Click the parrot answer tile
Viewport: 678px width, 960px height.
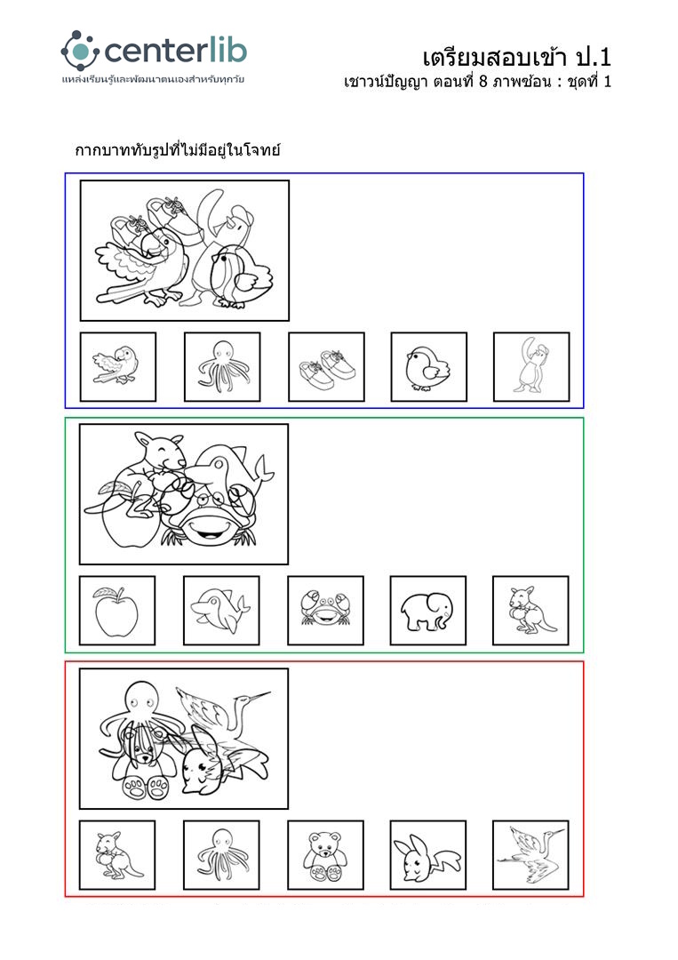pyautogui.click(x=118, y=367)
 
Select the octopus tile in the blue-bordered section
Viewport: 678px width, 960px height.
pyautogui.click(x=222, y=367)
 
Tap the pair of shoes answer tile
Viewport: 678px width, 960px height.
pyautogui.click(x=326, y=367)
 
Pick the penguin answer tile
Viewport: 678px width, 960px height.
pyautogui.click(x=531, y=367)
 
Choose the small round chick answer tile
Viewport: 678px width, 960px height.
pyautogui.click(x=429, y=367)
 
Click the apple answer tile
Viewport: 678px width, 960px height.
pyautogui.click(x=117, y=611)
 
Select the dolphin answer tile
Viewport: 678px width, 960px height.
pyautogui.click(x=221, y=611)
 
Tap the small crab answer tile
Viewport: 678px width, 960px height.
pyautogui.click(x=325, y=611)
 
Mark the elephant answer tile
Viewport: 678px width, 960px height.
pyautogui.click(x=427, y=611)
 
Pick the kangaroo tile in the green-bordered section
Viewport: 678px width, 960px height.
pyautogui.click(x=530, y=611)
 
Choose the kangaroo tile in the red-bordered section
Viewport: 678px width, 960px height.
pyautogui.click(x=117, y=855)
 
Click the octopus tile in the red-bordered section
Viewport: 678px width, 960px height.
pyautogui.click(x=221, y=855)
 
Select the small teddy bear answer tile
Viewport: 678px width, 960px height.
pyautogui.click(x=325, y=855)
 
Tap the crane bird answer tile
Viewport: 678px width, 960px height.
pyautogui.click(x=530, y=855)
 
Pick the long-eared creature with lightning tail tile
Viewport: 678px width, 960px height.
pyautogui.click(x=427, y=855)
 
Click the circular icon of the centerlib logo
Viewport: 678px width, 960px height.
pyautogui.click(x=80, y=51)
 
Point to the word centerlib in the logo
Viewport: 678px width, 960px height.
pyautogui.click(x=176, y=51)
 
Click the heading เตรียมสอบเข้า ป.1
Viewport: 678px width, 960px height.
pyautogui.click(x=516, y=58)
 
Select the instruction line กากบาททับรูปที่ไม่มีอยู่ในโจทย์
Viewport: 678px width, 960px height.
pyautogui.click(x=178, y=149)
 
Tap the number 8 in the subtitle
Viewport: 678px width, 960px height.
pyautogui.click(x=483, y=82)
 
